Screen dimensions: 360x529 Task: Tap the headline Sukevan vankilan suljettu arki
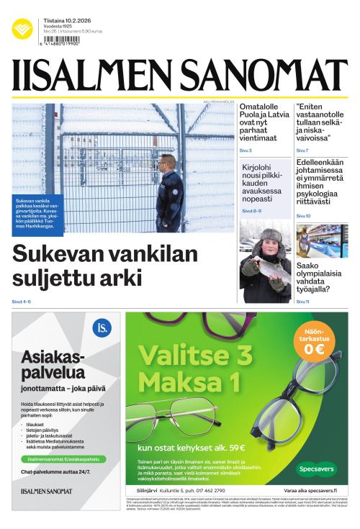(104, 266)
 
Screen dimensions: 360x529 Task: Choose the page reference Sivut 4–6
(22, 300)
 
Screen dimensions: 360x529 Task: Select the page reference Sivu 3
(246, 150)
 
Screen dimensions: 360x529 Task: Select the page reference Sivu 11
(302, 301)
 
